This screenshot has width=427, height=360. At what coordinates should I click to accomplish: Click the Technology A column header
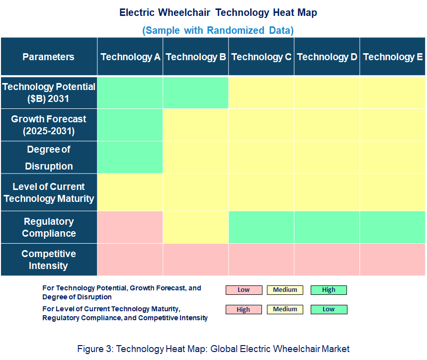pyautogui.click(x=130, y=57)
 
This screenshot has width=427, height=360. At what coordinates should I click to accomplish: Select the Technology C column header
pyautogui.click(x=261, y=57)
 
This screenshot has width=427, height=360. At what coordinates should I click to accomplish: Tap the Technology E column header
pyautogui.click(x=393, y=57)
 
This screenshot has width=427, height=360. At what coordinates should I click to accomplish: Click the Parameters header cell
pyautogui.click(x=49, y=57)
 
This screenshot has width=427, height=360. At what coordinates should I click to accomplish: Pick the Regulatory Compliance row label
pyautogui.click(x=49, y=227)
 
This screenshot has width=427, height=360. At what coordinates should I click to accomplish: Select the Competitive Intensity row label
pyautogui.click(x=49, y=260)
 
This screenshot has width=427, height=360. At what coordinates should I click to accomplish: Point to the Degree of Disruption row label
pyautogui.click(x=49, y=158)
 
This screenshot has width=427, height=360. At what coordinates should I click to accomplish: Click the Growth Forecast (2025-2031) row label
pyautogui.click(x=49, y=125)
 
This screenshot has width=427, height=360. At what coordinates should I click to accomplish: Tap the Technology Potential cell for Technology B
pyautogui.click(x=196, y=92)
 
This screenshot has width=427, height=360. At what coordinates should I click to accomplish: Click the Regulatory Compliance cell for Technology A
pyautogui.click(x=130, y=227)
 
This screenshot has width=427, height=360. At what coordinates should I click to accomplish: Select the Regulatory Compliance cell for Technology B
pyautogui.click(x=196, y=227)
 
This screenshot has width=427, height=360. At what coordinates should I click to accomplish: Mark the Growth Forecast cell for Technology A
pyautogui.click(x=130, y=125)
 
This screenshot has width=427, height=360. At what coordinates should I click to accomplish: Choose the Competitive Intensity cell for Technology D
pyautogui.click(x=327, y=260)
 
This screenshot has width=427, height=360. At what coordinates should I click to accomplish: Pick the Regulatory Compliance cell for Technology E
pyautogui.click(x=393, y=227)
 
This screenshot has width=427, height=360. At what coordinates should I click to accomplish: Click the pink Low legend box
pyautogui.click(x=244, y=290)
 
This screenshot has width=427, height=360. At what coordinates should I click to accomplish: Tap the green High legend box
pyautogui.click(x=329, y=290)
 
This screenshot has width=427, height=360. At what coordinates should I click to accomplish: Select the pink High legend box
pyautogui.click(x=244, y=309)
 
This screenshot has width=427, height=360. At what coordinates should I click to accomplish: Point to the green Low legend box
pyautogui.click(x=329, y=309)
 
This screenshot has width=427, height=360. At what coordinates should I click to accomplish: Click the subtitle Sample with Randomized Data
pyautogui.click(x=218, y=30)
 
